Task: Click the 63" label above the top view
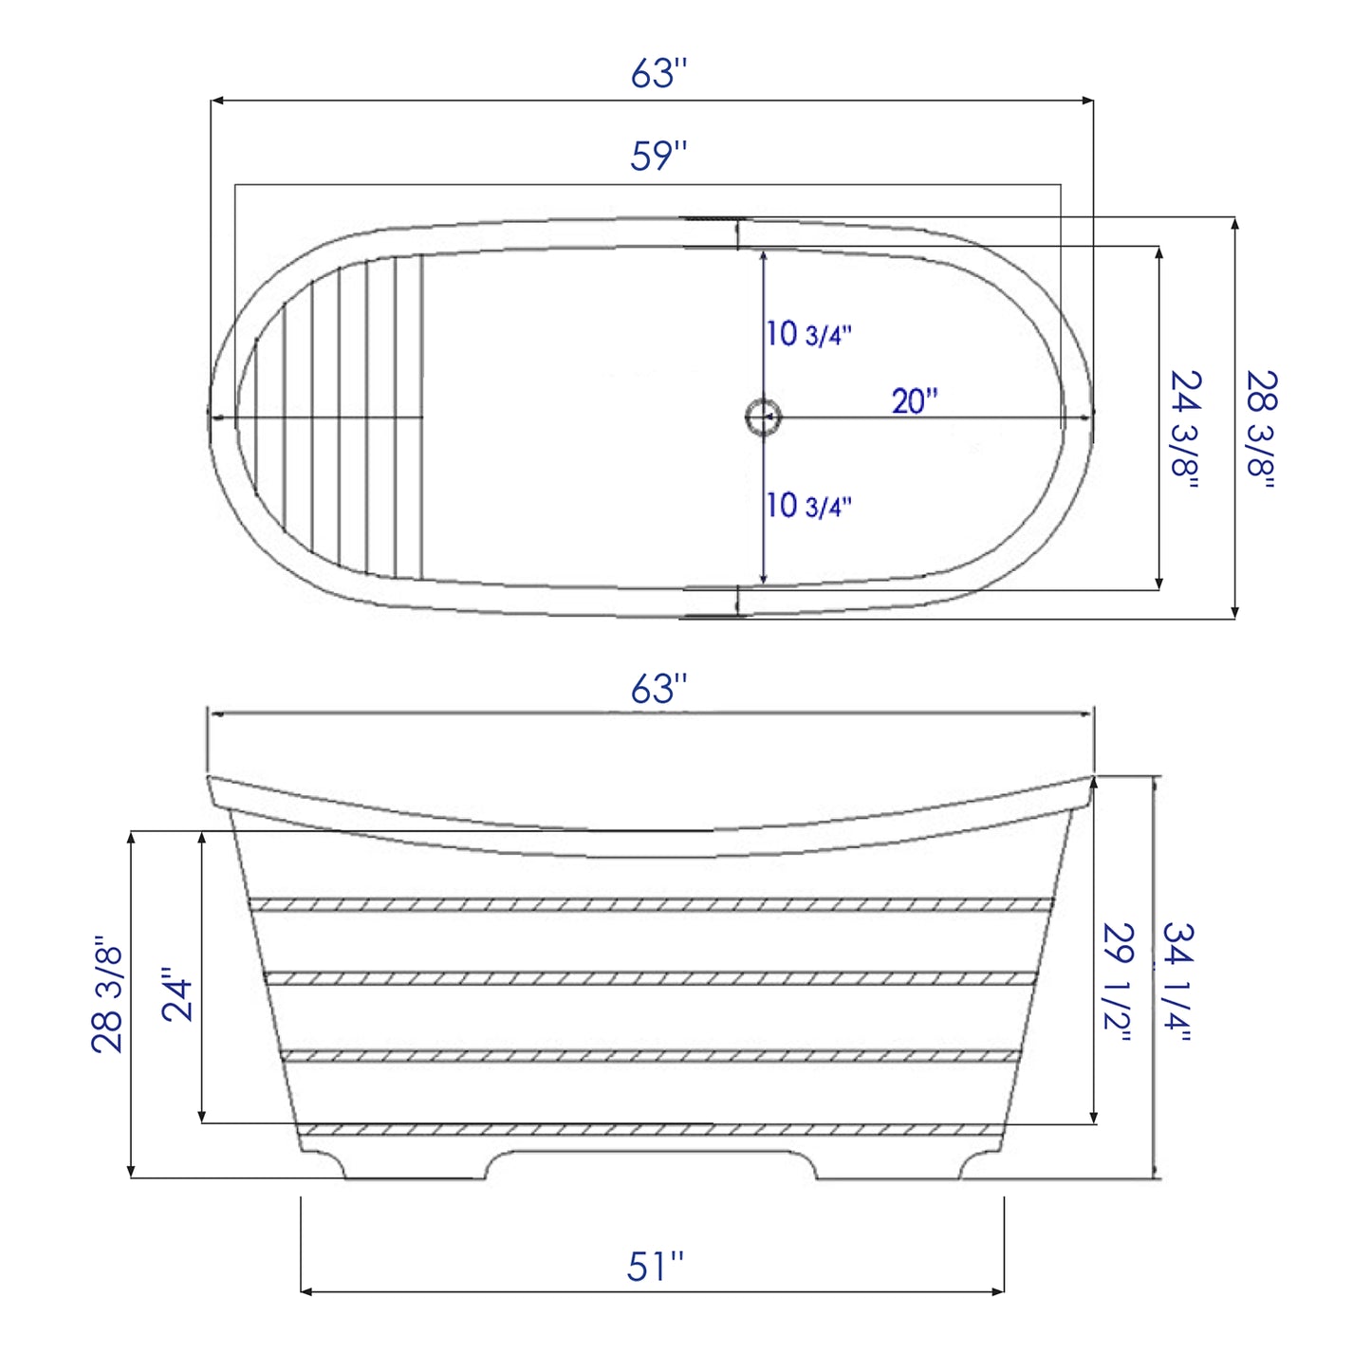658,74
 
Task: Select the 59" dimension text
658,157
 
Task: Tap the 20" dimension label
914,401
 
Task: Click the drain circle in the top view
763,417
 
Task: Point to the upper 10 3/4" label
809,334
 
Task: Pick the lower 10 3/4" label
809,506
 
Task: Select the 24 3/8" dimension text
1185,429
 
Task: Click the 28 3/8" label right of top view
1262,429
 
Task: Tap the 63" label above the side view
658,690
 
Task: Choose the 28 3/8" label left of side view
107,993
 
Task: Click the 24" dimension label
177,993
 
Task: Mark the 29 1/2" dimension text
1118,982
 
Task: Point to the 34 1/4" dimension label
1177,982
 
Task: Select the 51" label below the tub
655,1267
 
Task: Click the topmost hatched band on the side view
652,904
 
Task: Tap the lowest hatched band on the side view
652,1130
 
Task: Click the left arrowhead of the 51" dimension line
306,1291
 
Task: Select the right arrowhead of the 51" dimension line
998,1291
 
